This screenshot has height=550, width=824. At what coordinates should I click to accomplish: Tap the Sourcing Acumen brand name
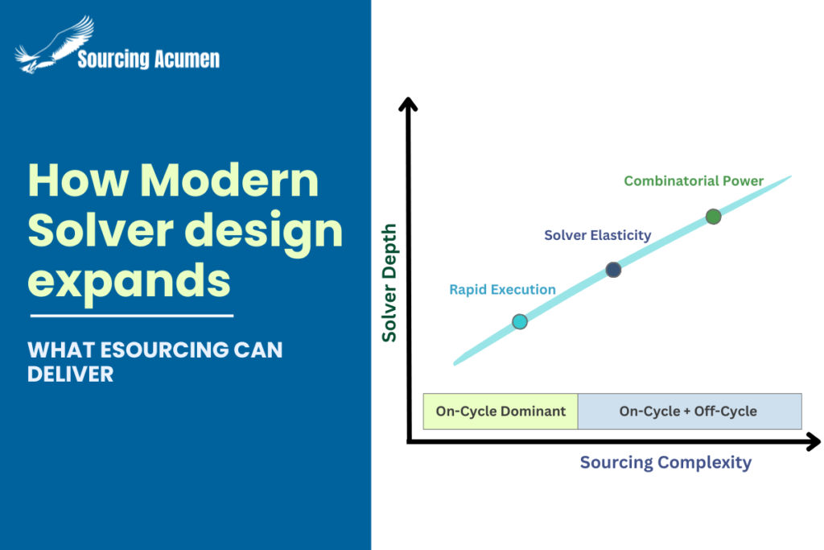148,59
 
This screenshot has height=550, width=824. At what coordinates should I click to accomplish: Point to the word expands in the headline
128,279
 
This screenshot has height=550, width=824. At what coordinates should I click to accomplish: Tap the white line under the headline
131,316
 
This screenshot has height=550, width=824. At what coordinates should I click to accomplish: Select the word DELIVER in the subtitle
70,374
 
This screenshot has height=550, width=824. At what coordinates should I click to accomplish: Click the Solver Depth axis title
389,283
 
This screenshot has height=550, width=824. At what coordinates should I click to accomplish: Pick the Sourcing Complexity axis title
665,462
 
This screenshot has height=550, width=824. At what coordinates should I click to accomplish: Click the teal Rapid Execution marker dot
520,322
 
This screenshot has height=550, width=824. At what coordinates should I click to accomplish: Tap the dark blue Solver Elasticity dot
613,270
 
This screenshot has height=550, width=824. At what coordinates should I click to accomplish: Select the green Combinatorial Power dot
713,216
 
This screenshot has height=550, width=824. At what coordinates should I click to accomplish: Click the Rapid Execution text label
502,289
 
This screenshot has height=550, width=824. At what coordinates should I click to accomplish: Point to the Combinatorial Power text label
694,181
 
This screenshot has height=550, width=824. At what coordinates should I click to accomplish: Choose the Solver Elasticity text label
597,235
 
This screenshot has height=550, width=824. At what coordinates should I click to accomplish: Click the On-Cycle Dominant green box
501,411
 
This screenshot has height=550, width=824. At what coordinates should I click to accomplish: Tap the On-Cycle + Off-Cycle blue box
688,411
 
